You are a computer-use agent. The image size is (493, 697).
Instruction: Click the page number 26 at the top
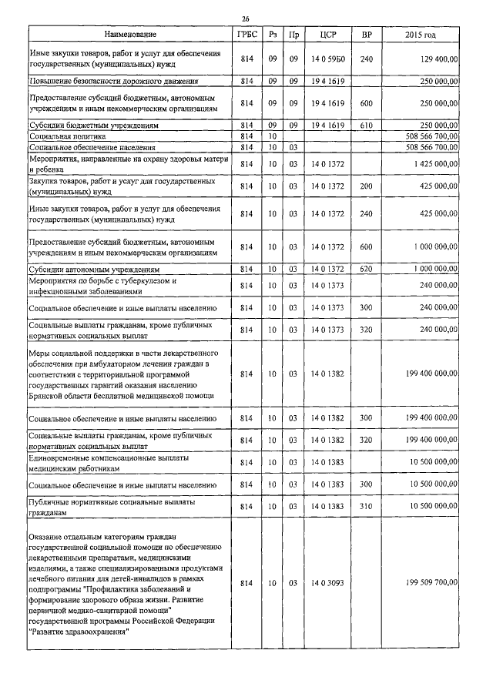point(245,18)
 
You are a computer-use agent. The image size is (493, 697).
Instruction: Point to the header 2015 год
point(420,35)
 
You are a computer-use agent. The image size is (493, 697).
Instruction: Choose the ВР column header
point(366,35)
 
